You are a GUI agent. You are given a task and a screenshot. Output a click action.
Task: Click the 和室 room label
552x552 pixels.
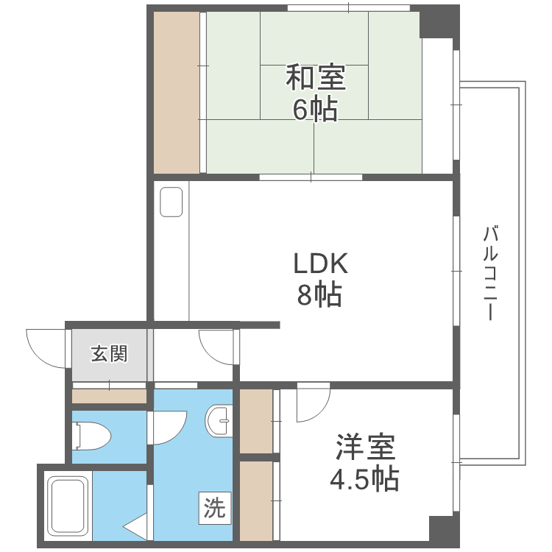tap(316, 77)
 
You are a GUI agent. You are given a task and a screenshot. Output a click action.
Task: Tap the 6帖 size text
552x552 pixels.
tap(316, 109)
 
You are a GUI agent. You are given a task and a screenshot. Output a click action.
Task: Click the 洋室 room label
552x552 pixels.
tap(365, 447)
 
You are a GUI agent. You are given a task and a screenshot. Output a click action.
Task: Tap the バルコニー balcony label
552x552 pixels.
tap(492, 272)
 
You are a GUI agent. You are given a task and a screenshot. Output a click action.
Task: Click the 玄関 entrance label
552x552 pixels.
tap(109, 354)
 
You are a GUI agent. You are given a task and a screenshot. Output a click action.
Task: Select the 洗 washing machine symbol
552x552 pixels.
tap(213, 508)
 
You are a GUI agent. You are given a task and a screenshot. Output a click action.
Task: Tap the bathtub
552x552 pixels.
tap(68, 508)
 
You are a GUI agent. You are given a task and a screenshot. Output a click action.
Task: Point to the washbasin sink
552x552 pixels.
tap(219, 420)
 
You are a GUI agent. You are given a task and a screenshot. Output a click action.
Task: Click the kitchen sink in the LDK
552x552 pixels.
tap(171, 202)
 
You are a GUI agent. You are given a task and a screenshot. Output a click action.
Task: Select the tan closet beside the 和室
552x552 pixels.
tap(177, 93)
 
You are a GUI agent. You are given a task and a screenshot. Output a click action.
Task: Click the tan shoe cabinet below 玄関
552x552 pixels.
tap(109, 396)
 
